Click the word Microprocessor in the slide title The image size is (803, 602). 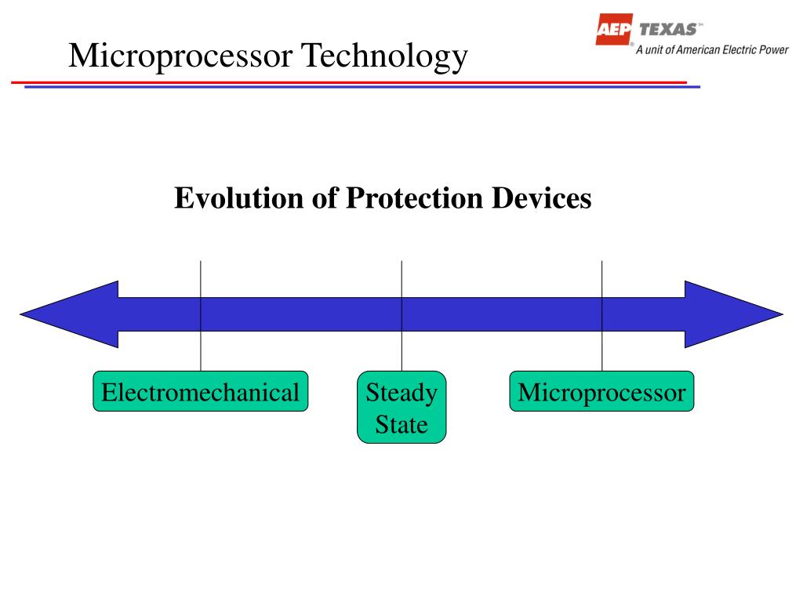[181, 56]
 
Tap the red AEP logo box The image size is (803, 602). [615, 30]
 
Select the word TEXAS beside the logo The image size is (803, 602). [668, 30]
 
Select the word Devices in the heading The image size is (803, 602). [543, 198]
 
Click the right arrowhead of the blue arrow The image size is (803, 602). [733, 314]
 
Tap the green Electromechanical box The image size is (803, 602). [201, 392]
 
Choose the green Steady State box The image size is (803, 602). [401, 408]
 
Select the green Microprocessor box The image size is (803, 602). [601, 392]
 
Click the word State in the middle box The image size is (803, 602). [401, 426]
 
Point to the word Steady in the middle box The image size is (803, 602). [401, 392]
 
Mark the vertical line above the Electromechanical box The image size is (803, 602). [201, 278]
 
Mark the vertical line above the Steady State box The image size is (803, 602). [401, 278]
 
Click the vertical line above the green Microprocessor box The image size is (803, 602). [602, 278]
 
